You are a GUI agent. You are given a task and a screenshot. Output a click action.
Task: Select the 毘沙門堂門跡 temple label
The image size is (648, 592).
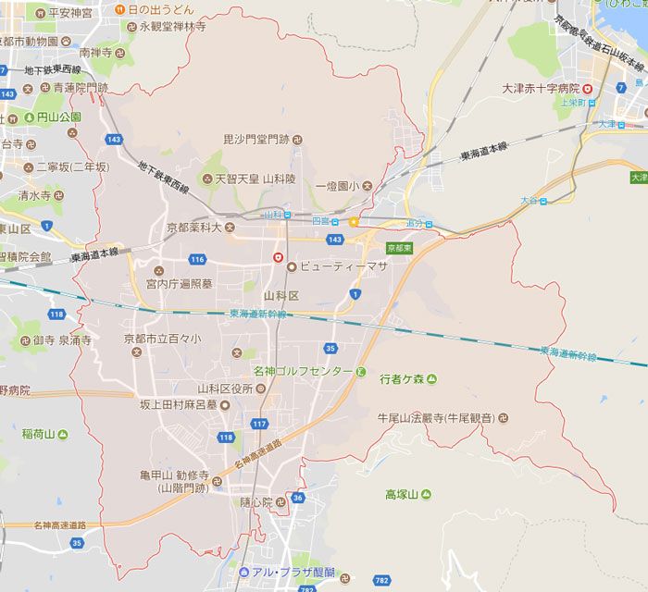click(x=256, y=140)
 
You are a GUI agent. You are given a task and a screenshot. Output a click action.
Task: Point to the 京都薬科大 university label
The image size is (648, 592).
click(x=193, y=227)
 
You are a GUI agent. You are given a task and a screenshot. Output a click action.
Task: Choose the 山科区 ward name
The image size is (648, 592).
click(x=281, y=295)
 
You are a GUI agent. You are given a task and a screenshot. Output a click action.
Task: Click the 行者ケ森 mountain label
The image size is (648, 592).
click(x=403, y=378)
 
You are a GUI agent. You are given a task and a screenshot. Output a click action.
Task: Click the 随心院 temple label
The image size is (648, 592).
click(x=256, y=502)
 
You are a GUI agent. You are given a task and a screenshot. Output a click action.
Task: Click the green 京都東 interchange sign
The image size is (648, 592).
click(x=399, y=248)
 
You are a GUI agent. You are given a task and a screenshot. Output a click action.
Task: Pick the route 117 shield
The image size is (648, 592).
click(x=259, y=424)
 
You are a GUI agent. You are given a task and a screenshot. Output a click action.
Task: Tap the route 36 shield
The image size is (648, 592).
click(x=296, y=498)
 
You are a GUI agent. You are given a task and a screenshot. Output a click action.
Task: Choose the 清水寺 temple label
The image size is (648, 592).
click(x=35, y=196)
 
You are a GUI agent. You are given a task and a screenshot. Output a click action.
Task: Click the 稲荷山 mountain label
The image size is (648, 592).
click(x=39, y=433)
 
